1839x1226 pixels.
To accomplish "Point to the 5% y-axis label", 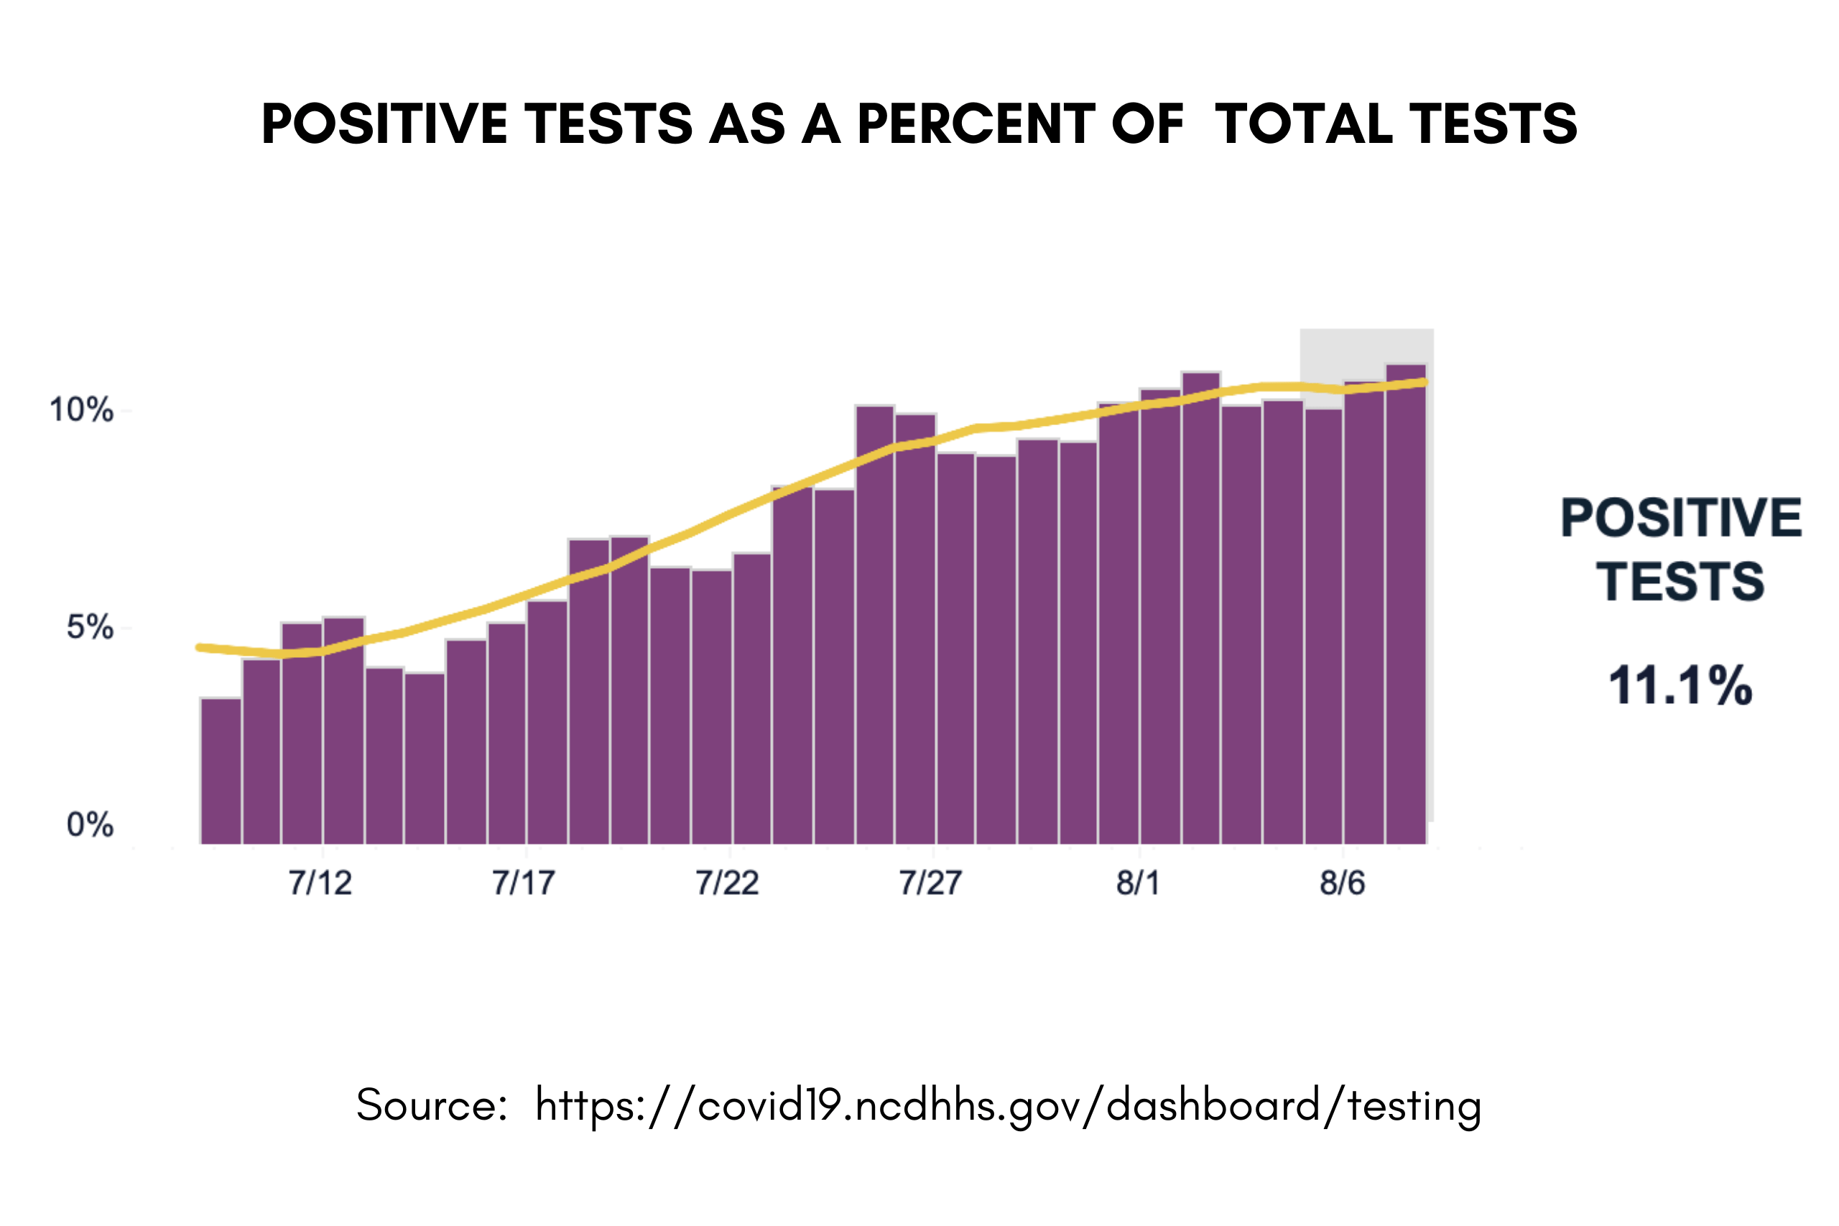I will click(90, 627).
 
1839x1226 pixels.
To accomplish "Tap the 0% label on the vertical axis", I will click(90, 825).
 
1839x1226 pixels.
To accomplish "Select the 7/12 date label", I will click(320, 883).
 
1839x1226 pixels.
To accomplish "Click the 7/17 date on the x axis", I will click(524, 883).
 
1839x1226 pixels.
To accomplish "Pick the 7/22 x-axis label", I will click(727, 883).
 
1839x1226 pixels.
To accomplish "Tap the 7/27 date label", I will click(930, 883).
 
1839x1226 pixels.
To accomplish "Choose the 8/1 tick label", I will click(1139, 883).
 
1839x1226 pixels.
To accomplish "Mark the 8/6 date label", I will click(1343, 883).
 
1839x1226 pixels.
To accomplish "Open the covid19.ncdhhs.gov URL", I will click(1009, 1105).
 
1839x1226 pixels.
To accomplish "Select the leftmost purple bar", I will click(221, 770).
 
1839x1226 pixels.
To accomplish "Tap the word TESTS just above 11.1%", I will click(1680, 582).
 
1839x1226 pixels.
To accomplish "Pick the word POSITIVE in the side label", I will click(1681, 518).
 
